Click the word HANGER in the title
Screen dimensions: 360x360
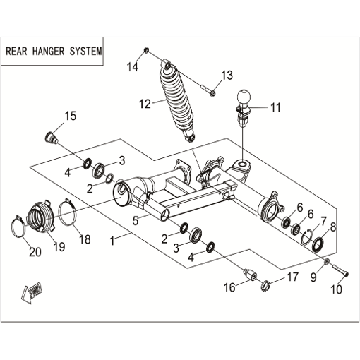[48, 52]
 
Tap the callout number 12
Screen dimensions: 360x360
[145, 104]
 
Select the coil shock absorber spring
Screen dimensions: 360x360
[177, 102]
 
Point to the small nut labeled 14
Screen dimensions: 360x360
[146, 50]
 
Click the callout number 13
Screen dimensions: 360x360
[227, 76]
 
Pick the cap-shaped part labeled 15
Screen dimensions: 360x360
[51, 138]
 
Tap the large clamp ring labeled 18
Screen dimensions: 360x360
[68, 212]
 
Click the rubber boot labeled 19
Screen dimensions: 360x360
[41, 215]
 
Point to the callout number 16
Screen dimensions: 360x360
[229, 287]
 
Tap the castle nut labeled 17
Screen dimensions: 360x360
[265, 286]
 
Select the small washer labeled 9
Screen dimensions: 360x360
[327, 261]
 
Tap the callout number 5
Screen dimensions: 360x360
[135, 221]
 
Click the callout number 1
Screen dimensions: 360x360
[112, 241]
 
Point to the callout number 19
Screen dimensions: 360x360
[59, 246]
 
